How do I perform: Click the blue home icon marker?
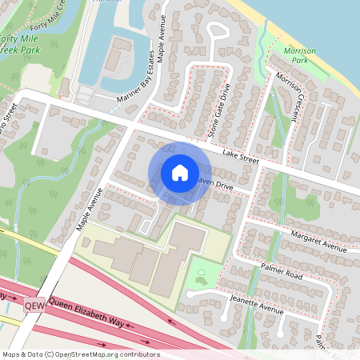click(x=180, y=172)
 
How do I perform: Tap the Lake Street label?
click(x=242, y=158)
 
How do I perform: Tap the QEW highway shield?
click(x=34, y=306)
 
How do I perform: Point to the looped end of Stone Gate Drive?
click(x=217, y=32)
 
